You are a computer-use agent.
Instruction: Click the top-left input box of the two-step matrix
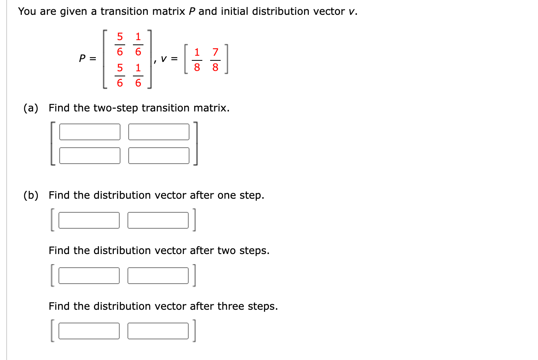pos(90,132)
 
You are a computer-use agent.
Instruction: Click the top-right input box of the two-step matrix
pos(159,132)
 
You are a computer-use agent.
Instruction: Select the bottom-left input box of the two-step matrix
pos(90,155)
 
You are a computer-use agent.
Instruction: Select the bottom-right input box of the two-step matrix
pos(159,155)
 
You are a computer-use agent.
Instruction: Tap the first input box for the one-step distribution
pos(89,220)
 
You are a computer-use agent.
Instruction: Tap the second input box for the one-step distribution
pos(158,220)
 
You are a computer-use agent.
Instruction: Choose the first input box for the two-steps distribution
pos(89,275)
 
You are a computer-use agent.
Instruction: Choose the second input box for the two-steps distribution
pos(158,275)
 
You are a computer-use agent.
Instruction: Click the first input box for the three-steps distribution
pos(89,331)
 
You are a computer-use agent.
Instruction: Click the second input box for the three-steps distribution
pos(158,331)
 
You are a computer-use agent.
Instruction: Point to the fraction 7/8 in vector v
pos(215,60)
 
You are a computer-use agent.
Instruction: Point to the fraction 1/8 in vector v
pos(197,60)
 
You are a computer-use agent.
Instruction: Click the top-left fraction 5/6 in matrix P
pos(120,44)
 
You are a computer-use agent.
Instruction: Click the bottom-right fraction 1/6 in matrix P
pos(138,75)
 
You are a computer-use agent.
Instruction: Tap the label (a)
pos(31,108)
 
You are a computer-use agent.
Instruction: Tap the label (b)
pos(31,195)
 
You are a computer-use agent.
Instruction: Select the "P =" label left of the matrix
pos(87,58)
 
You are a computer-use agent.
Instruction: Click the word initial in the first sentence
pos(234,11)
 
